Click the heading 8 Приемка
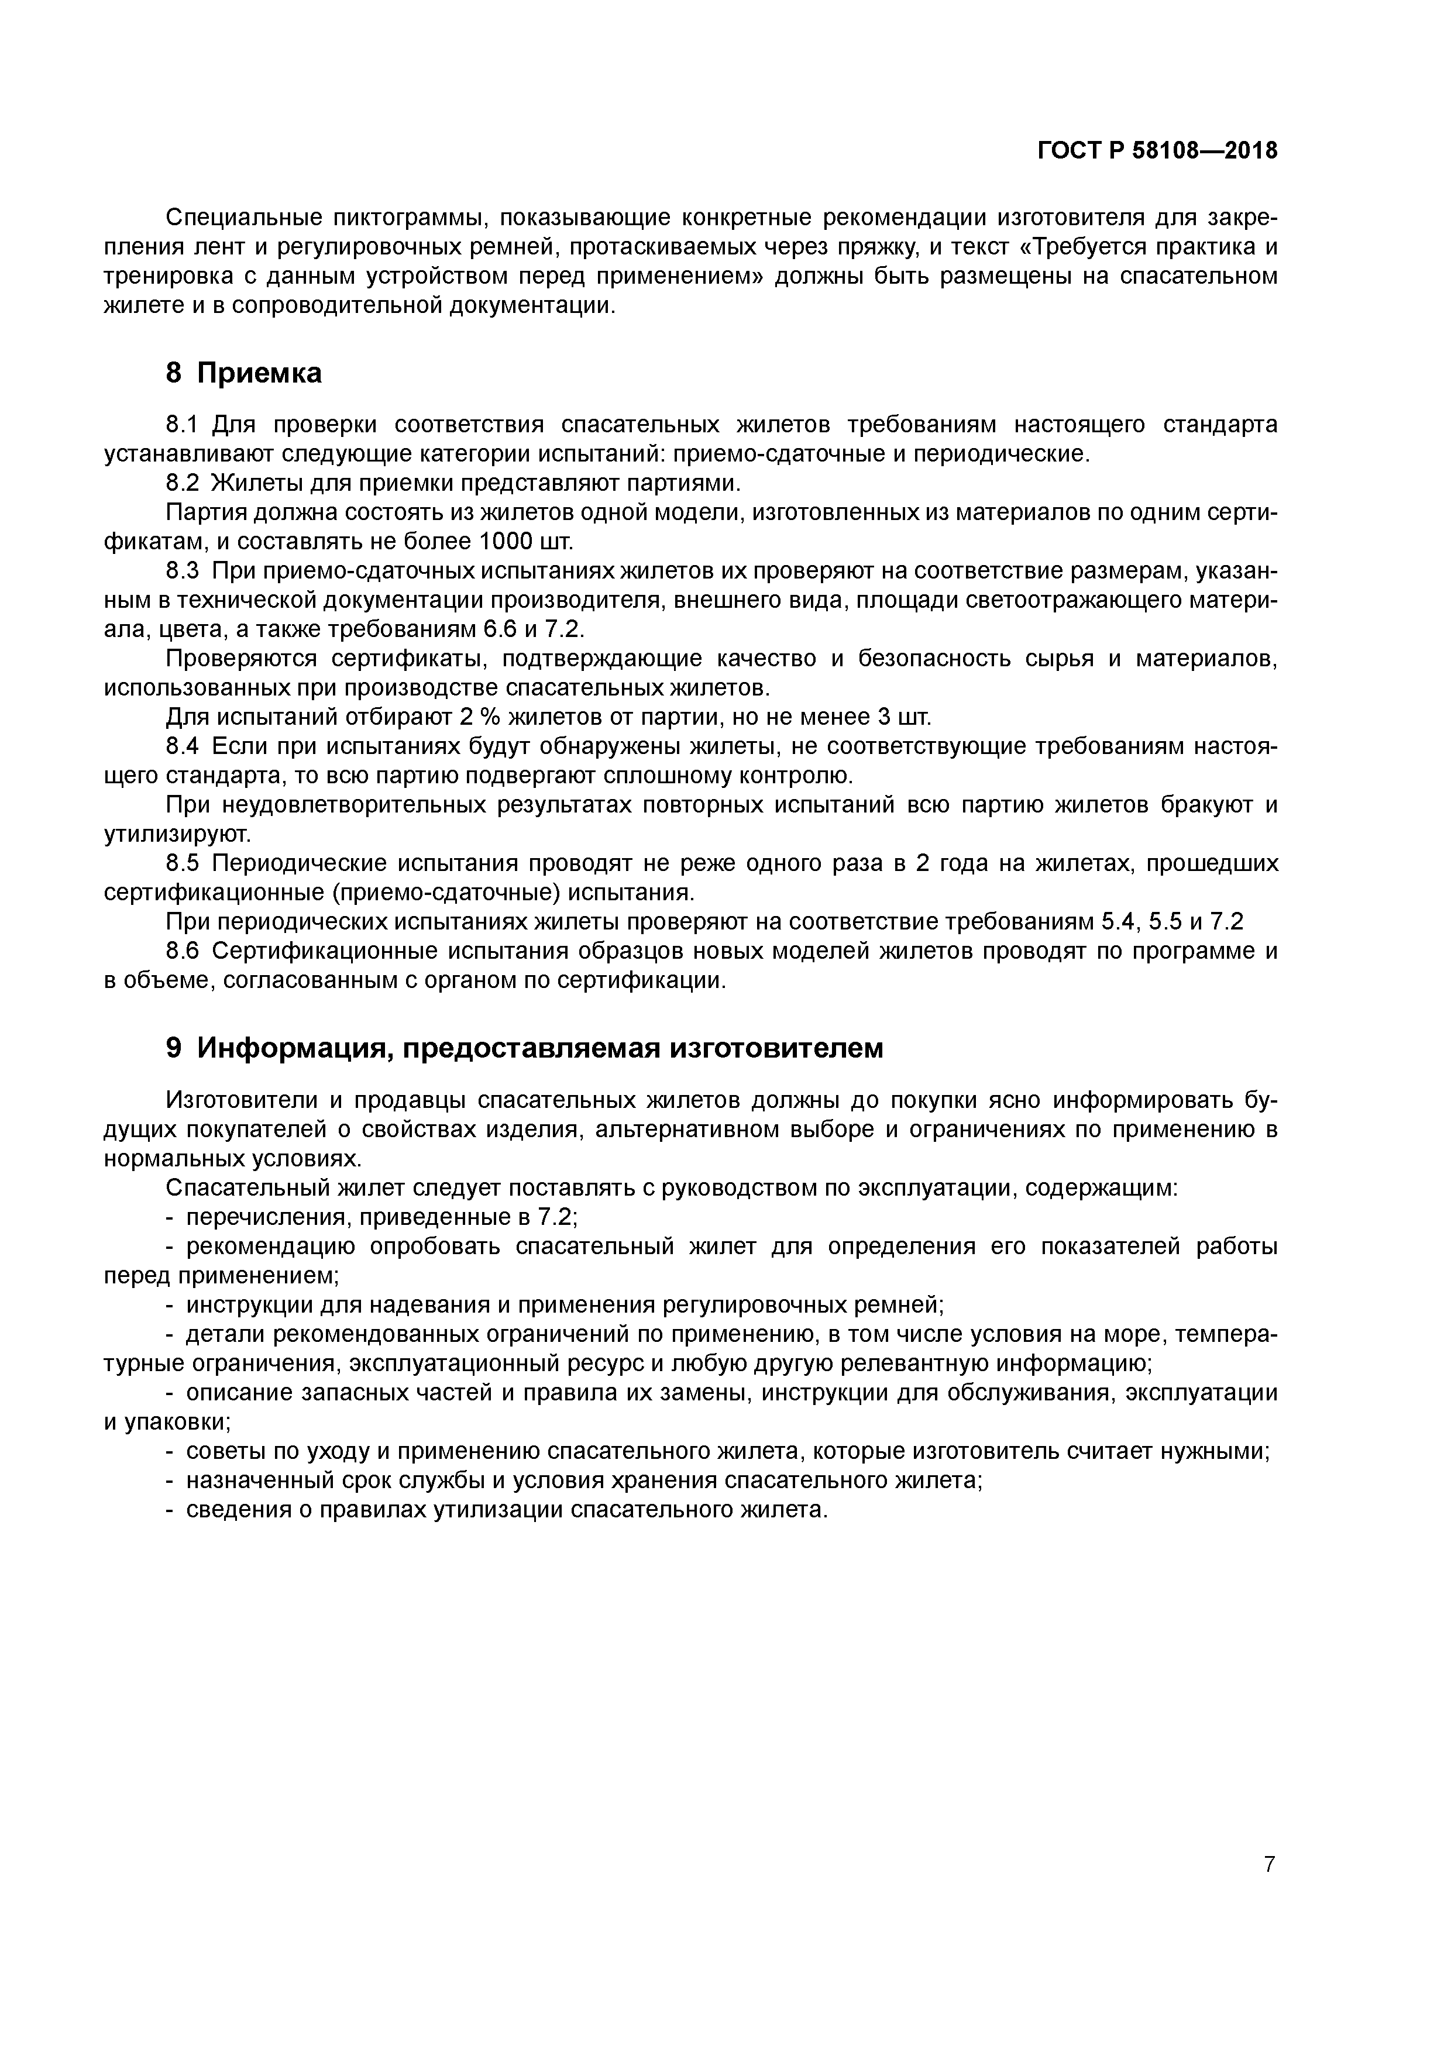point(243,373)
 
